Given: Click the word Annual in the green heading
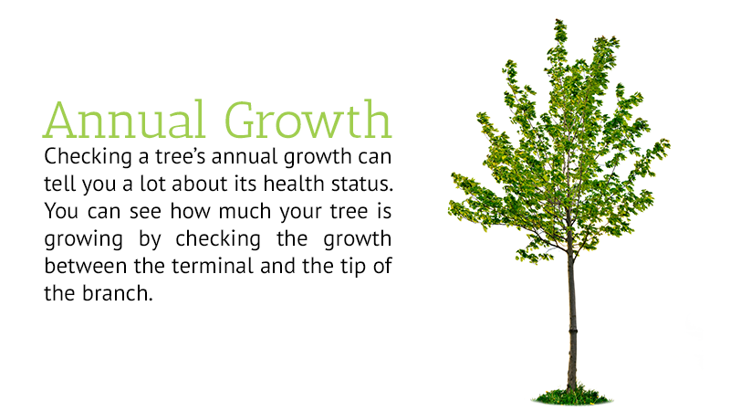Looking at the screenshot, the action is [124, 120].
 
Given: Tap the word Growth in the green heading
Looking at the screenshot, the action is [308, 120].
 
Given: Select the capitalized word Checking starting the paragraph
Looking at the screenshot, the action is [88, 157].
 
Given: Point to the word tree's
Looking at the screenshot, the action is [181, 156].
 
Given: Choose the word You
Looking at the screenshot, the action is [61, 211].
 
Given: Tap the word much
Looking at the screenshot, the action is [245, 211].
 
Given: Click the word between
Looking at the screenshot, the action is [86, 266].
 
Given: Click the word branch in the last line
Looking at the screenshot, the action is [118, 293].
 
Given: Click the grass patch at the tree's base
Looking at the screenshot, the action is [572, 397].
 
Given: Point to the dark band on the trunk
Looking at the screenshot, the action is [573, 331].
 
